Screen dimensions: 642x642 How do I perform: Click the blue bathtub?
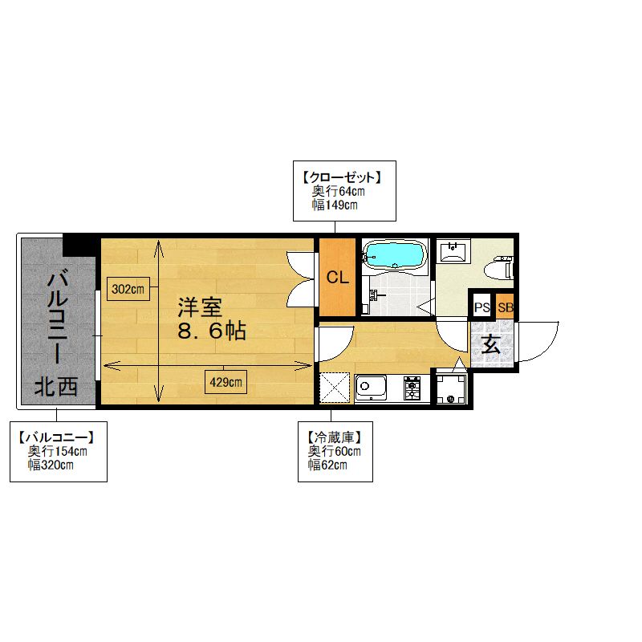pos(395,256)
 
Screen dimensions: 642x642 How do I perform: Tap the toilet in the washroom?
pos(498,268)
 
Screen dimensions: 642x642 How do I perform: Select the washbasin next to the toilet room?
pos(453,251)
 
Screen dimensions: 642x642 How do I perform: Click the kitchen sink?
pos(371,388)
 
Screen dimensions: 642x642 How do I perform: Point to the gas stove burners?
pos(412,388)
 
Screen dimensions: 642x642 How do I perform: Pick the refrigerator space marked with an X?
pos(335,388)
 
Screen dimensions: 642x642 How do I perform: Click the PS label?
pos(482,307)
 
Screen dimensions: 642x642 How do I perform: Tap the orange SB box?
pos(506,307)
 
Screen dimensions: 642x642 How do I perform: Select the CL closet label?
pos(337,278)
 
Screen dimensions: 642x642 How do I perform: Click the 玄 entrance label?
pos(490,344)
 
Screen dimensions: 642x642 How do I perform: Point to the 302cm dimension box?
pos(128,289)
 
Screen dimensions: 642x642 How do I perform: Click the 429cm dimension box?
pos(226,382)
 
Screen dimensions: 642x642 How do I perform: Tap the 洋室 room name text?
pos(200,308)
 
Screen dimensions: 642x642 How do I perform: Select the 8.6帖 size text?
pos(212,331)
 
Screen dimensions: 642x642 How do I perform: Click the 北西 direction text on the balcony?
pos(56,387)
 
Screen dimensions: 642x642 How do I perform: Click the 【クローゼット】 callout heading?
pos(343,177)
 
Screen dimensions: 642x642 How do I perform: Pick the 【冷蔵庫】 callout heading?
pos(335,438)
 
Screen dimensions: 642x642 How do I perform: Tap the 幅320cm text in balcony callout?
pos(51,465)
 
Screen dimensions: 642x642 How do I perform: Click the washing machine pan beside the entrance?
pos(451,388)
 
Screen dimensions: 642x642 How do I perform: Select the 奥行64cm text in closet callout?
pos(338,191)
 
